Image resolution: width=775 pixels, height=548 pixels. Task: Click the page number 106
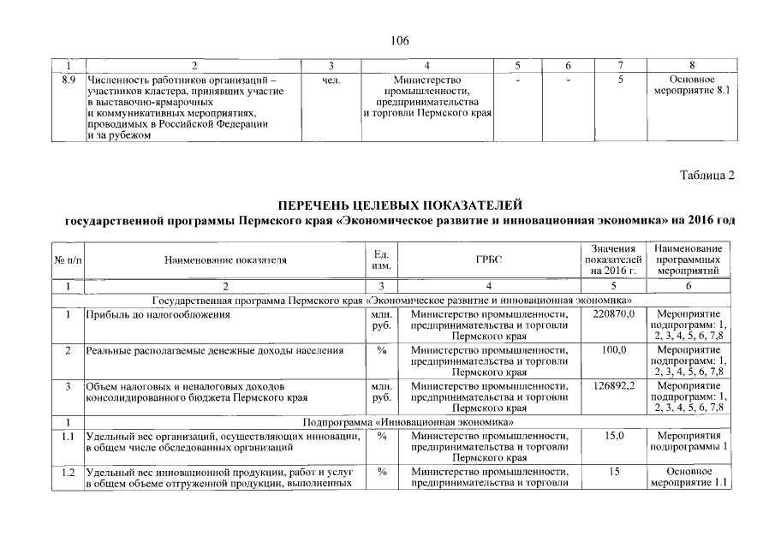coord(399,40)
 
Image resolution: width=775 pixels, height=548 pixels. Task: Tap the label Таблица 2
coord(707,176)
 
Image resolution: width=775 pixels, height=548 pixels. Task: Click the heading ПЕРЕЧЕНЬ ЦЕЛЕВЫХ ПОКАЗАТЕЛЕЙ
coord(400,205)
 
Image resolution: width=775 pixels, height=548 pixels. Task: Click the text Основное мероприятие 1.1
coord(690,478)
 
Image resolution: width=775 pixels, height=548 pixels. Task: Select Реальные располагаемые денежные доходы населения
coord(215,350)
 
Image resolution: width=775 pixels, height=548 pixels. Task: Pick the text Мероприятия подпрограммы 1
coord(690,441)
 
